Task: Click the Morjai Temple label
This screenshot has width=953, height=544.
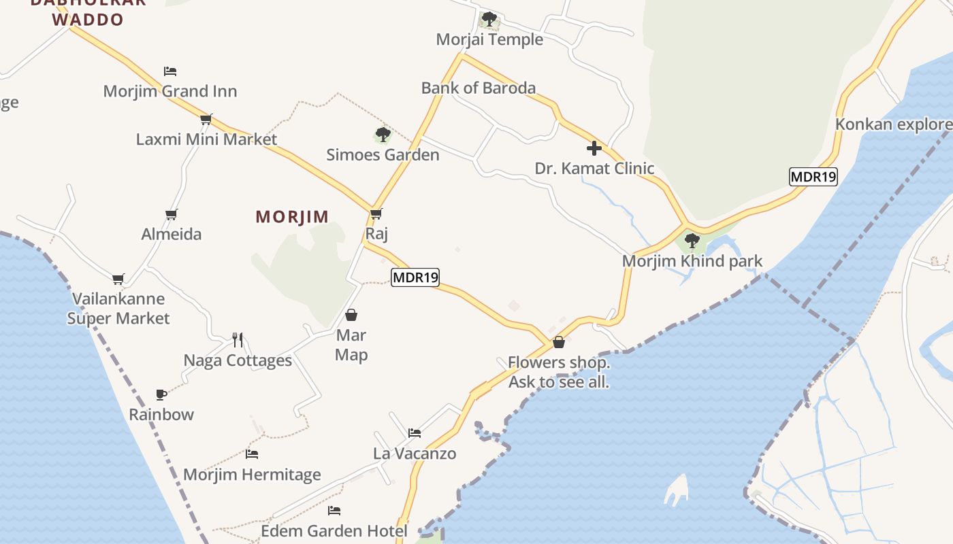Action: pyautogui.click(x=489, y=39)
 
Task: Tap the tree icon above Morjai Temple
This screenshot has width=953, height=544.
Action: pyautogui.click(x=489, y=19)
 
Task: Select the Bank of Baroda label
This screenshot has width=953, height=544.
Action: pyautogui.click(x=478, y=88)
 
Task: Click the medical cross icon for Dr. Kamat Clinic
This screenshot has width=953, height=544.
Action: pyautogui.click(x=594, y=148)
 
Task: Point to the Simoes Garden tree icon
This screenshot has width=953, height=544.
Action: pyautogui.click(x=383, y=134)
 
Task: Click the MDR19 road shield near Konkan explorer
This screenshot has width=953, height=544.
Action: pyautogui.click(x=813, y=177)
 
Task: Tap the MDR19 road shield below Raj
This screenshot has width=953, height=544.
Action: pyautogui.click(x=415, y=277)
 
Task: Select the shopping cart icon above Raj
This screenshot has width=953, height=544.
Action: pyautogui.click(x=376, y=214)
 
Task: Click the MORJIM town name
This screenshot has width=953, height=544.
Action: pyautogui.click(x=292, y=217)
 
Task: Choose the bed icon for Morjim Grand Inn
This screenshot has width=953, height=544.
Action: pyautogui.click(x=170, y=71)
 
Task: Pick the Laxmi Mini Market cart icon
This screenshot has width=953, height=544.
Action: pyautogui.click(x=206, y=119)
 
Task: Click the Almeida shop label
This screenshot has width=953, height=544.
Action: pyautogui.click(x=172, y=235)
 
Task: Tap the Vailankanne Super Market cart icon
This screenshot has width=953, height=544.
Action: pyautogui.click(x=118, y=278)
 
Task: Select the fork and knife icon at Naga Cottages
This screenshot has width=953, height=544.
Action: pyautogui.click(x=238, y=340)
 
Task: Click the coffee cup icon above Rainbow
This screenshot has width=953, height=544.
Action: pyautogui.click(x=161, y=394)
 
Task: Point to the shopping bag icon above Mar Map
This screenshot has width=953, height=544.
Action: pyautogui.click(x=351, y=315)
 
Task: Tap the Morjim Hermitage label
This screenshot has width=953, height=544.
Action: pyautogui.click(x=252, y=475)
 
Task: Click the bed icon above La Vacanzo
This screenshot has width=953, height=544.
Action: pyautogui.click(x=415, y=432)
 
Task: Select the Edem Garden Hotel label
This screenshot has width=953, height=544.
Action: pyautogui.click(x=334, y=531)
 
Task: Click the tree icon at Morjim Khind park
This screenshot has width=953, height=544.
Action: pyautogui.click(x=692, y=240)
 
